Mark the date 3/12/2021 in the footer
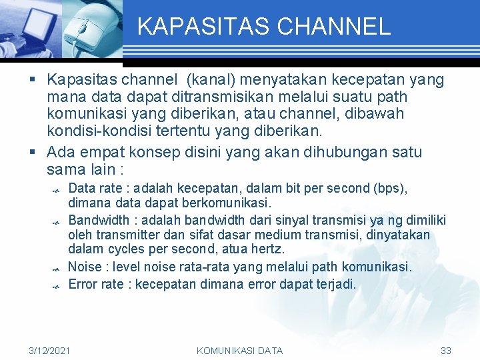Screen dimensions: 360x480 point(50,351)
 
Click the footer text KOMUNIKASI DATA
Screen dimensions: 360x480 point(239,351)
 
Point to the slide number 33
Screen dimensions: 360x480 point(446,351)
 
